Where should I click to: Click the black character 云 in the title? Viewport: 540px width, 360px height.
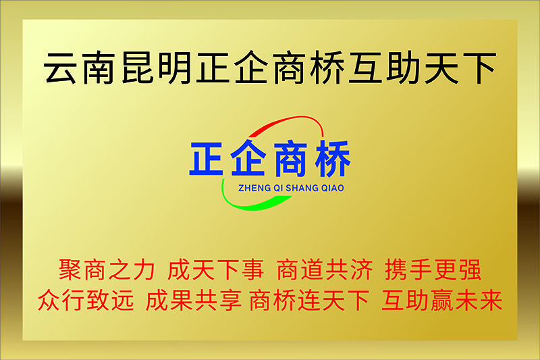[61, 68]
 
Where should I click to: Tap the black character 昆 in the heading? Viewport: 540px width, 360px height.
[137, 68]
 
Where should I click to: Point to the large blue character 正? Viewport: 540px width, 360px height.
[207, 159]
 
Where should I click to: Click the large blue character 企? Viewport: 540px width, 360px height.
[248, 158]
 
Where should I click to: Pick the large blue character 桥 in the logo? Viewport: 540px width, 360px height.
[333, 159]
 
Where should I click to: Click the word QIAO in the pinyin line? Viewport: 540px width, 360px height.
[332, 188]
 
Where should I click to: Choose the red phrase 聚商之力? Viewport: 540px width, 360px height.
[107, 269]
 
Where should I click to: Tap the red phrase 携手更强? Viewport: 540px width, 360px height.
[433, 269]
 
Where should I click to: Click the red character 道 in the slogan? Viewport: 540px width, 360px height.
[313, 269]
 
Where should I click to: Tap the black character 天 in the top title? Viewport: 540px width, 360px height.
[441, 68]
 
